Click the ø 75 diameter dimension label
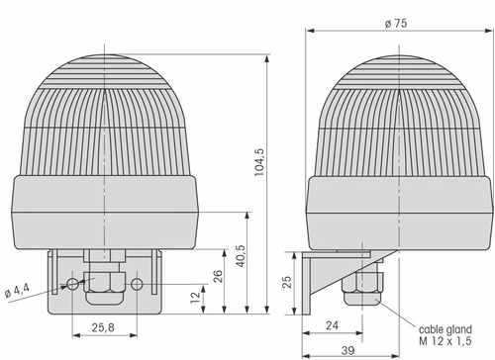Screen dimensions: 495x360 [396, 24]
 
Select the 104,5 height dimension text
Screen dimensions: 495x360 [259, 162]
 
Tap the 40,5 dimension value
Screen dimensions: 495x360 [241, 256]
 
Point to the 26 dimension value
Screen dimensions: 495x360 [218, 276]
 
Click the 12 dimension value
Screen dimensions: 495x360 [195, 297]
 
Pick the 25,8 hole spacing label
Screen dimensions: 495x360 [103, 327]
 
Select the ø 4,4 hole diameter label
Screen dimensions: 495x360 [17, 291]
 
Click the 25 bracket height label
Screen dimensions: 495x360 [287, 282]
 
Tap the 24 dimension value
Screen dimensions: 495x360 [332, 325]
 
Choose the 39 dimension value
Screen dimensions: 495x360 [347, 350]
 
